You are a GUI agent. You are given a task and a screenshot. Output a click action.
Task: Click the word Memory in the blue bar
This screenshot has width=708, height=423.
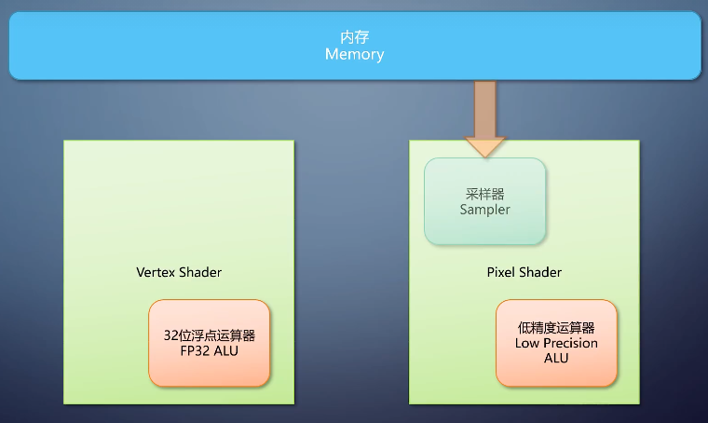(x=354, y=55)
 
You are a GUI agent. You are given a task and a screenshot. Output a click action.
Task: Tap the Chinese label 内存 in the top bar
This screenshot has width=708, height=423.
(x=354, y=38)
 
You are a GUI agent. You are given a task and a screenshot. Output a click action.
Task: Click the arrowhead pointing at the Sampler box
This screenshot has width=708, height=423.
(x=484, y=146)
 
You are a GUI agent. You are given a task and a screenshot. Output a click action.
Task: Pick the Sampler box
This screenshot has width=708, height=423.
(x=484, y=201)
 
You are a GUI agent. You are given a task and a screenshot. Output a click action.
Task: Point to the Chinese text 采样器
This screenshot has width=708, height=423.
(x=484, y=194)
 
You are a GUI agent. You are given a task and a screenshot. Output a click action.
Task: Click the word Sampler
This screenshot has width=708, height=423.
(x=484, y=210)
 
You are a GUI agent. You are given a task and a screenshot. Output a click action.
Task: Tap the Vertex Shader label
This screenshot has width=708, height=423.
(x=179, y=272)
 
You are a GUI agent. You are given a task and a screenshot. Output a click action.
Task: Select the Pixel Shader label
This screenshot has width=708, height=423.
(x=524, y=272)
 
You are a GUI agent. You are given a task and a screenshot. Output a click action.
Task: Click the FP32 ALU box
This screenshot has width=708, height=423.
(x=210, y=343)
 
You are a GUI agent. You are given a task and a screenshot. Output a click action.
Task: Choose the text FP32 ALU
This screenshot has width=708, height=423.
(x=210, y=351)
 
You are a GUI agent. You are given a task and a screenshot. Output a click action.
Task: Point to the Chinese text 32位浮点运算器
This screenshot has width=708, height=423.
(x=210, y=335)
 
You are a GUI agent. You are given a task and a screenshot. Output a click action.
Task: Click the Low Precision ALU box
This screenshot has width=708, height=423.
(x=556, y=343)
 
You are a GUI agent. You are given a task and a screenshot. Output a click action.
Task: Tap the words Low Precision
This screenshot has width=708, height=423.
(x=556, y=343)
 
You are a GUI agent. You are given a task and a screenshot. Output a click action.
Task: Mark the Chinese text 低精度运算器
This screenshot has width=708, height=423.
(x=556, y=328)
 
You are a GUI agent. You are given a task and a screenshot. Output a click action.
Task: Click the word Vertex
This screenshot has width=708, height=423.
(x=156, y=272)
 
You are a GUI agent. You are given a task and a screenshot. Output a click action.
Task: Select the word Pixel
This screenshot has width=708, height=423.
(x=502, y=272)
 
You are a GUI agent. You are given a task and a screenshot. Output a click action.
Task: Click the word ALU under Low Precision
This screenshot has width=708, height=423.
(x=556, y=358)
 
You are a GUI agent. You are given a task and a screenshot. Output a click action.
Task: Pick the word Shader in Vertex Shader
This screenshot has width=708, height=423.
(x=200, y=272)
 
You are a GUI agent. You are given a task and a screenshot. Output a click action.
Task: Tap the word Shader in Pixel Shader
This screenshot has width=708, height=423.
(x=541, y=272)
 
